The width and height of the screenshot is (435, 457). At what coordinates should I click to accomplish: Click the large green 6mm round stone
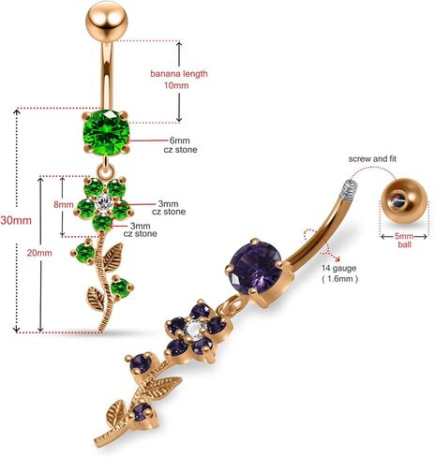pyautogui.click(x=106, y=133)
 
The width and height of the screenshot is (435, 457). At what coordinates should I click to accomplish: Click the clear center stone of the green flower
pyautogui.click(x=104, y=202)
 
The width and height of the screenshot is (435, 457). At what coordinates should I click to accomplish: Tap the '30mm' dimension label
pyautogui.click(x=16, y=220)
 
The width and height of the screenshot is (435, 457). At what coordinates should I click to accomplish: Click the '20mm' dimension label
pyautogui.click(x=39, y=253)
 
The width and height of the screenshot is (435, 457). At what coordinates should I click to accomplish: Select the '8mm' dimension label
pyautogui.click(x=64, y=205)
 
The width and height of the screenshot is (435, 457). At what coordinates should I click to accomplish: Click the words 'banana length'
pyautogui.click(x=179, y=74)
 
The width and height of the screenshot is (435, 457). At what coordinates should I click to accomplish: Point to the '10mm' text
pyautogui.click(x=176, y=85)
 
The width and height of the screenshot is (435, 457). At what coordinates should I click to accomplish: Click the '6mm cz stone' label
pyautogui.click(x=180, y=145)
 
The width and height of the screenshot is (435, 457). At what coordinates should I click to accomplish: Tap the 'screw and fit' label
pyautogui.click(x=372, y=158)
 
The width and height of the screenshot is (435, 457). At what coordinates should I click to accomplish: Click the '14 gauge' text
pyautogui.click(x=339, y=268)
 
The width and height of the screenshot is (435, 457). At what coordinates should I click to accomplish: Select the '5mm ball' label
pyautogui.click(x=404, y=240)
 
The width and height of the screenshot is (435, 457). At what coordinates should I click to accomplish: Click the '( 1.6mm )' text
pyautogui.click(x=340, y=279)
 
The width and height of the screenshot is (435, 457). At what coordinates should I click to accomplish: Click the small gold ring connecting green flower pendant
pyautogui.click(x=106, y=172)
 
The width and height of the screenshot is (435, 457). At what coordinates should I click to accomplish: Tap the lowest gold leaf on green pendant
pyautogui.click(x=95, y=299)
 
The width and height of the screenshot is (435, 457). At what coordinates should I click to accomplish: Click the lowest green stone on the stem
pyautogui.click(x=121, y=287)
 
